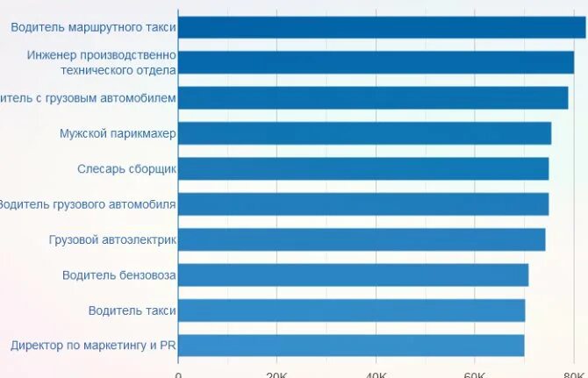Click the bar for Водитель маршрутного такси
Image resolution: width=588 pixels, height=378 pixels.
(382, 27)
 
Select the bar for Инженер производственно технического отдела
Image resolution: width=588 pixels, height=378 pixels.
(376, 62)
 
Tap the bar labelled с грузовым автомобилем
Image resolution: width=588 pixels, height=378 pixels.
(373, 97)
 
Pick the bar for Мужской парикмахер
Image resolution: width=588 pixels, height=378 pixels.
(364, 133)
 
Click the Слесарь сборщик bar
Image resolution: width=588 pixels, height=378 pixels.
(363, 168)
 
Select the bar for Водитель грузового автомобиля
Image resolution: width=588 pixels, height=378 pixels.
(363, 204)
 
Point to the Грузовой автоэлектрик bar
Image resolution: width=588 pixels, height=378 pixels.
(362, 239)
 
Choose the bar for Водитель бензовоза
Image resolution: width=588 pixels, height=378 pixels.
(353, 275)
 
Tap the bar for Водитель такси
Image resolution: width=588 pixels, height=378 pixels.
(351, 310)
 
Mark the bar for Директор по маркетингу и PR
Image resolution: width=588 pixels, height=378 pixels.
(351, 346)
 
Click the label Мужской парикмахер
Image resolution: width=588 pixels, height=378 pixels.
(118, 134)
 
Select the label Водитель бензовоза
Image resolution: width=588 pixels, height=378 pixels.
(118, 275)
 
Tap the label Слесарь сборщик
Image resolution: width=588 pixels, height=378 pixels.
(126, 169)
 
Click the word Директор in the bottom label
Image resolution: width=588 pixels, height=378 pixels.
(37, 346)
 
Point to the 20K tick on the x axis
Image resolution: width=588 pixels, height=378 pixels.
(276, 373)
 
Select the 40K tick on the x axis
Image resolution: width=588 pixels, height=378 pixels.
(376, 373)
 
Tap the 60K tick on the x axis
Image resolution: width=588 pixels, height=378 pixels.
(475, 373)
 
